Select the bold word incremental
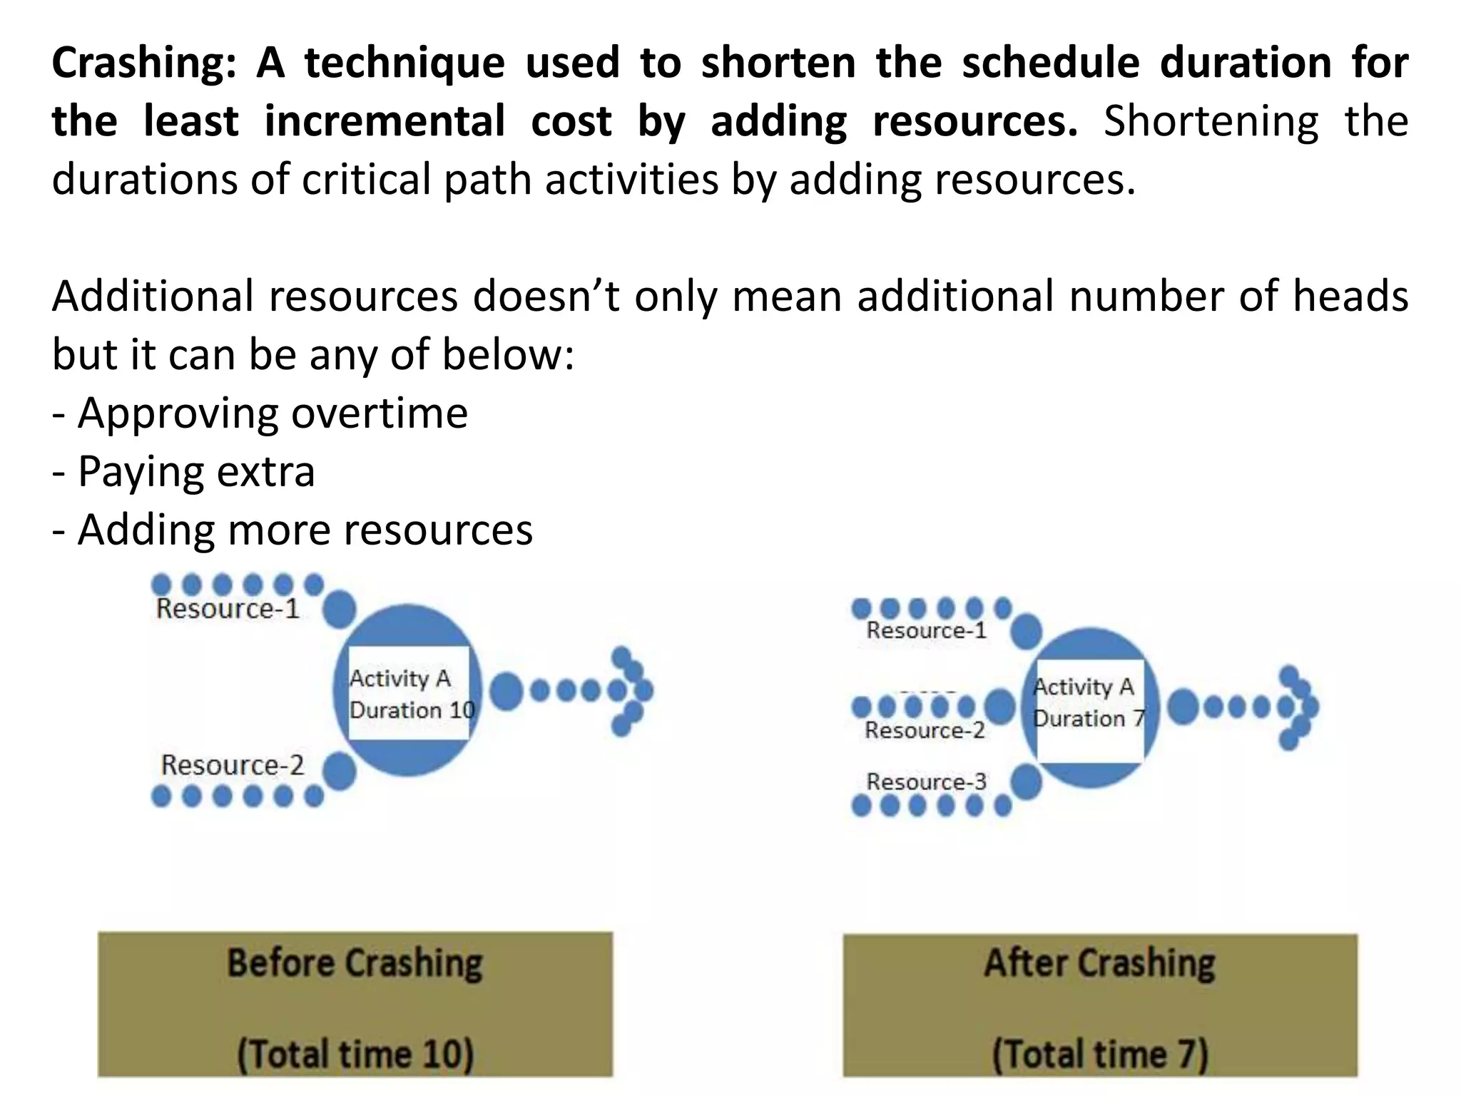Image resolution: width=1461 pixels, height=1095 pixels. (x=385, y=122)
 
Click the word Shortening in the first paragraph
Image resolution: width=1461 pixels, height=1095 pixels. (x=1211, y=122)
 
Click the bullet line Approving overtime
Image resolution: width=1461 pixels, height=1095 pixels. (x=260, y=413)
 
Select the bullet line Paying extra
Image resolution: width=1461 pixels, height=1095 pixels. (x=184, y=472)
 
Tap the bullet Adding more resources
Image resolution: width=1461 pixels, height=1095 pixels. (x=292, y=530)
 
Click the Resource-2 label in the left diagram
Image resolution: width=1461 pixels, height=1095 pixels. (x=232, y=766)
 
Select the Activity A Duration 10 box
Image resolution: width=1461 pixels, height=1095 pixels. (x=409, y=694)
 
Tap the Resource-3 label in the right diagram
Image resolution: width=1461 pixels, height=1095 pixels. (x=926, y=782)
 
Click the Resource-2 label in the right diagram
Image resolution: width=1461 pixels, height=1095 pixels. (x=925, y=731)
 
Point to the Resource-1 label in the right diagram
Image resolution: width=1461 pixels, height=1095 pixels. (x=926, y=631)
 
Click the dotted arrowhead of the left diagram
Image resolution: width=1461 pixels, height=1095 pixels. (x=631, y=691)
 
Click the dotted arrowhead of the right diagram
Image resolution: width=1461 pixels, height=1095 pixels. (x=1298, y=707)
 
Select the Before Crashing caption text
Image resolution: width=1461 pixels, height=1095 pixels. (x=355, y=963)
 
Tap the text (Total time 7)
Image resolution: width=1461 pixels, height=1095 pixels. (x=1100, y=1054)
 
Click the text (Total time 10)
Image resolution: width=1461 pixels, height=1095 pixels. (x=355, y=1054)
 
